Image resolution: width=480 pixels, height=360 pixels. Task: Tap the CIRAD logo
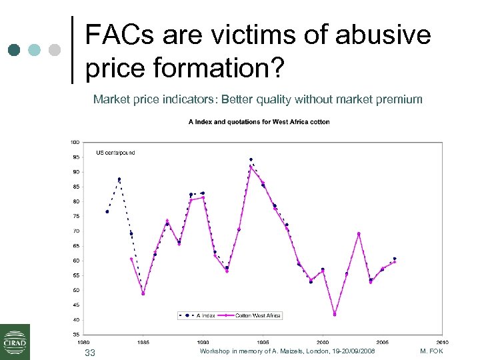click(15, 341)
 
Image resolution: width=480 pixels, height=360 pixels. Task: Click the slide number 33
click(90, 352)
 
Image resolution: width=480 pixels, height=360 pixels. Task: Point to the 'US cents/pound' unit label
click(115, 153)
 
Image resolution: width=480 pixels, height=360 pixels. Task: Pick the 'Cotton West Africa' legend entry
click(259, 315)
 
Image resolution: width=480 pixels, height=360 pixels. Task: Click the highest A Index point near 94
click(251, 160)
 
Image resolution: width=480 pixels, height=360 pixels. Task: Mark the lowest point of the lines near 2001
click(335, 314)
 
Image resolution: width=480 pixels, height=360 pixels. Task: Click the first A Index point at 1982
click(107, 211)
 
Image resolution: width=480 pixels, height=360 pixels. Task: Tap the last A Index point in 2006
click(395, 259)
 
